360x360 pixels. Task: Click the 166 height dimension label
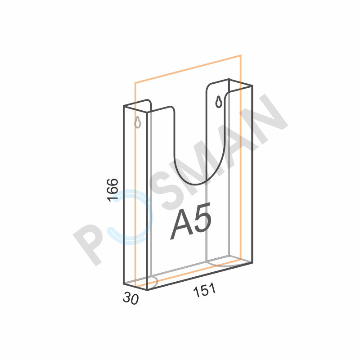pyautogui.click(x=113, y=190)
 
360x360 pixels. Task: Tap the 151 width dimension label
pyautogui.click(x=205, y=290)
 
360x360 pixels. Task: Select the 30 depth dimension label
pyautogui.click(x=130, y=298)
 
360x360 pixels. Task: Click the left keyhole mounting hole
pyautogui.click(x=138, y=122)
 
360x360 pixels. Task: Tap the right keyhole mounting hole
pyautogui.click(x=219, y=102)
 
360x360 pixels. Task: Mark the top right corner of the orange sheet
pyautogui.click(x=241, y=55)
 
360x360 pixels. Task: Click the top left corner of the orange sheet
pyautogui.click(x=135, y=83)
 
